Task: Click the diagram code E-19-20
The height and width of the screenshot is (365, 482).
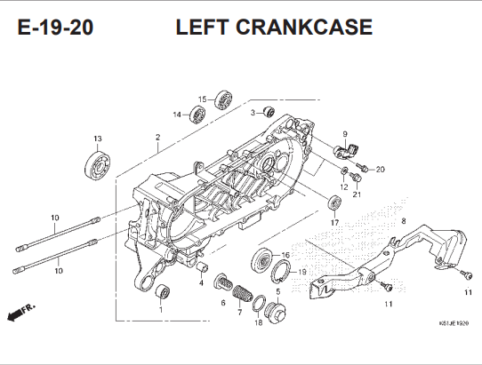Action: tap(55, 27)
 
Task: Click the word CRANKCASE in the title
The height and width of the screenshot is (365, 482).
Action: tap(304, 27)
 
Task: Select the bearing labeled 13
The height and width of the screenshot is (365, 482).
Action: tap(97, 166)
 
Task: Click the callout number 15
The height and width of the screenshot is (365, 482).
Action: tap(202, 99)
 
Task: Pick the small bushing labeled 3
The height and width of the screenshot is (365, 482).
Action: tap(269, 112)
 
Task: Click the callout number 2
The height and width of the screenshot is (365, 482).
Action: tap(157, 138)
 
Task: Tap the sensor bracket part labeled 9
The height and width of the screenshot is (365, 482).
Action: tap(347, 151)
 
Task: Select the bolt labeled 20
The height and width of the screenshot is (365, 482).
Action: tap(362, 167)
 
